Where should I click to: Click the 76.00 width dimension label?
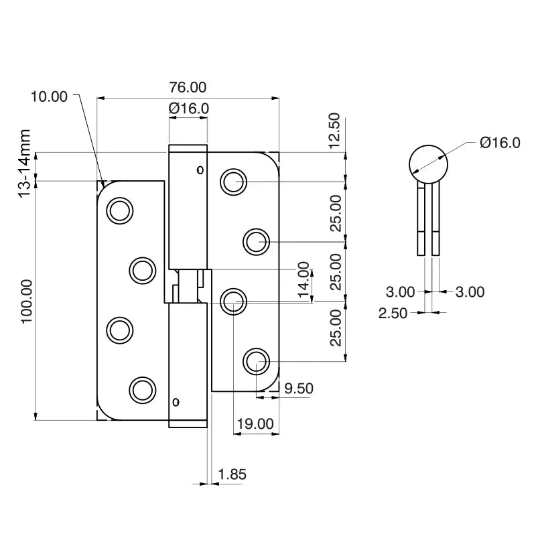[188, 87]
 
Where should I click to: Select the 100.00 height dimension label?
[27, 301]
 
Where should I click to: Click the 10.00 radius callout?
[49, 96]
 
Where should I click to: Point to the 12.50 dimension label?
[335, 131]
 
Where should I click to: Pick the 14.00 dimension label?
[304, 280]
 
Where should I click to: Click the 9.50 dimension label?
[299, 388]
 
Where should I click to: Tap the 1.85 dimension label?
[232, 474]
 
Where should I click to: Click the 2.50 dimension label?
[393, 313]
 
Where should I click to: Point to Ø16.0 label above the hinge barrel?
[189, 108]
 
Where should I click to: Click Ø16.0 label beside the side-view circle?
[500, 142]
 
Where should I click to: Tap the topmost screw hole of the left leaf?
[119, 210]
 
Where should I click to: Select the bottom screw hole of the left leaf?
[141, 390]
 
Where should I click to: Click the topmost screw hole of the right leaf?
[233, 182]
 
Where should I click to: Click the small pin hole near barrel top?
[199, 170]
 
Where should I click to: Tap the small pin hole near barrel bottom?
[176, 403]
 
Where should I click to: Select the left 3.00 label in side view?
[400, 292]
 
